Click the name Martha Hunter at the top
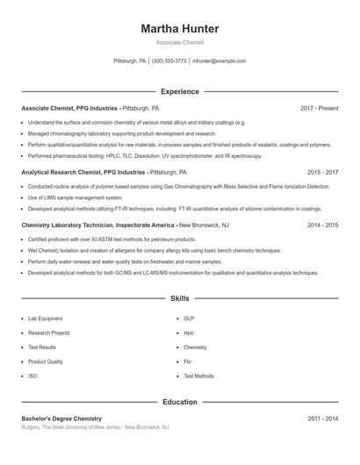point(180,29)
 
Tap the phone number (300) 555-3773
point(169,61)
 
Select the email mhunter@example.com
point(219,61)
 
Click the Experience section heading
point(180,91)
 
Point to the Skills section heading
point(180,299)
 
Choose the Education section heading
point(180,402)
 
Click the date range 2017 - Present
point(319,108)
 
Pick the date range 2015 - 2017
point(322,173)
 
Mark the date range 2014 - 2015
point(322,225)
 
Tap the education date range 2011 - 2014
point(322,419)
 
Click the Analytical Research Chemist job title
point(84,173)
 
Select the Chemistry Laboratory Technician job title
point(98,225)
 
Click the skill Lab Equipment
point(45,319)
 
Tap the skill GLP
point(189,319)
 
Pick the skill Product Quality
point(46,361)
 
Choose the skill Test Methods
point(198,376)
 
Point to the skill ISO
point(32,376)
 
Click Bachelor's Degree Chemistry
point(61,419)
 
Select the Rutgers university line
point(95,427)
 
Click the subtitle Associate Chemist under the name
point(180,42)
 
